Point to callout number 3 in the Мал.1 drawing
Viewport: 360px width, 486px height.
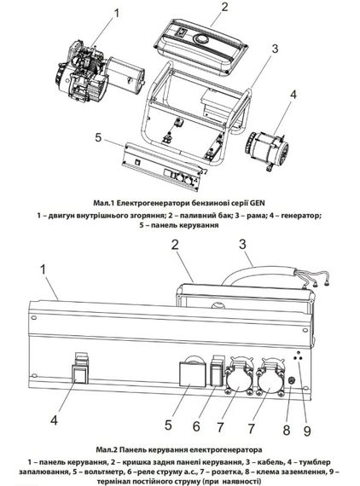(276, 48)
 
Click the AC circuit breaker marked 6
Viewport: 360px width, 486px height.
(213, 375)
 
